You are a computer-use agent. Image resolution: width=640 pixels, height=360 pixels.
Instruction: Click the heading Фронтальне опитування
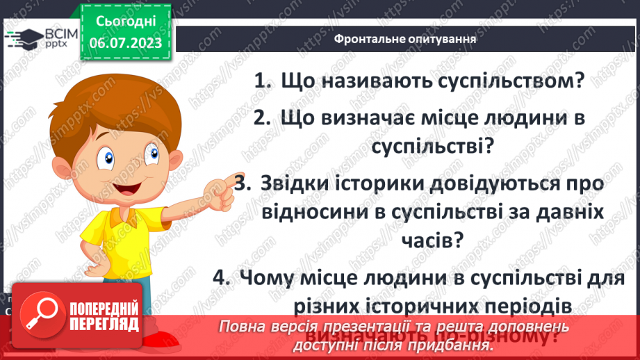(405, 39)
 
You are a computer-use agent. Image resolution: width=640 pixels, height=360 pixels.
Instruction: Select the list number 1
(261, 81)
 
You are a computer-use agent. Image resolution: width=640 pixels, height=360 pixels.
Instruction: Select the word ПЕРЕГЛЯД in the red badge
(106, 324)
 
